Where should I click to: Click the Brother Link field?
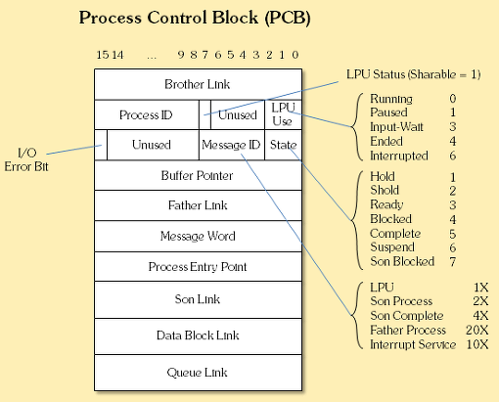[x=198, y=84]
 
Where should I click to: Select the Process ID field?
[x=147, y=114]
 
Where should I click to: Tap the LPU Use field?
[x=283, y=114]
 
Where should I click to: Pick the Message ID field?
[x=232, y=145]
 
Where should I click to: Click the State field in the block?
[x=283, y=145]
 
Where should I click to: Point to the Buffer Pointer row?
[x=198, y=175]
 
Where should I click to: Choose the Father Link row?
[x=198, y=205]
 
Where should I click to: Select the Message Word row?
[x=198, y=236]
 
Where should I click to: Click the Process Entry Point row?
[x=198, y=267]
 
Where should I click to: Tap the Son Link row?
[x=198, y=299]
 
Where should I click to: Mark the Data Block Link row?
[x=198, y=335]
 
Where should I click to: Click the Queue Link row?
[x=198, y=373]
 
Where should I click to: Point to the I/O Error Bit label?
[x=26, y=159]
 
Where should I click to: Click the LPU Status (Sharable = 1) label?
[x=414, y=74]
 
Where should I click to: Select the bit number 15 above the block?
[x=103, y=55]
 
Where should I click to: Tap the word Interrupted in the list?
[x=399, y=156]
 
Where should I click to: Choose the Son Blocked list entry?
[x=402, y=261]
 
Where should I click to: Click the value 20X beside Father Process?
[x=477, y=330]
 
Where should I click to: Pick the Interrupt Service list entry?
[x=413, y=344]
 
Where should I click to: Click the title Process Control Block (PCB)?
[x=195, y=18]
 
